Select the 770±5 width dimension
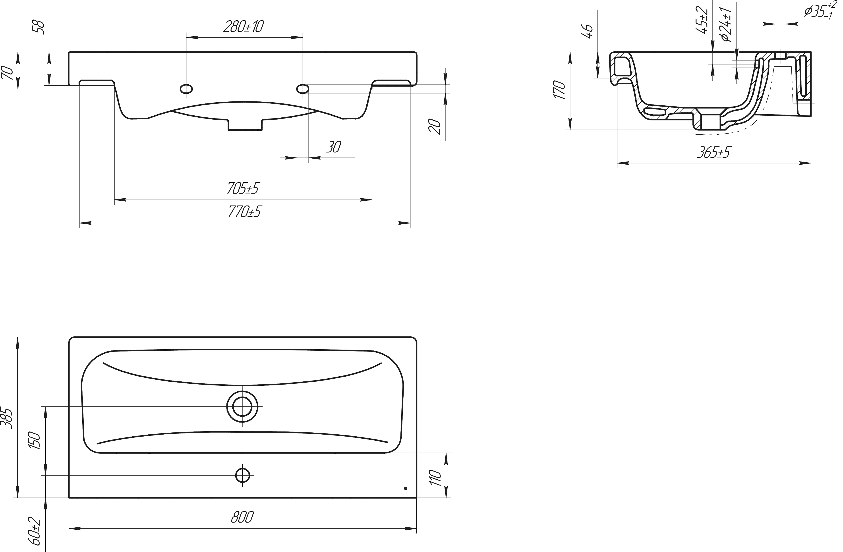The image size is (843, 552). tap(244, 212)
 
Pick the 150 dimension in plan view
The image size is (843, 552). tap(35, 440)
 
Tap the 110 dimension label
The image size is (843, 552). tap(435, 478)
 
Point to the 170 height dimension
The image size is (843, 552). tap(559, 90)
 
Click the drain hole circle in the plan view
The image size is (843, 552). tap(242, 407)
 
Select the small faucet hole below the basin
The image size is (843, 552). tap(242, 475)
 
